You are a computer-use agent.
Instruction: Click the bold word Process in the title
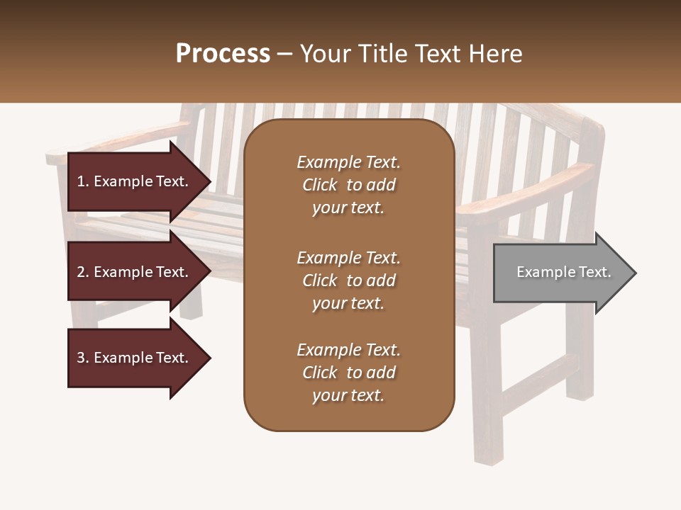[223, 54]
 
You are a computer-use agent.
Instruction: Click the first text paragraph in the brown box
[348, 185]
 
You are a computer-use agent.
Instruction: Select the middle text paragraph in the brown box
[348, 280]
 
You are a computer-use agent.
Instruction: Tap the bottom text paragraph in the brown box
[348, 373]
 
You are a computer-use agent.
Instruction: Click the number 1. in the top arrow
[83, 181]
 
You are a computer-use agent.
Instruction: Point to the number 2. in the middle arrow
[83, 272]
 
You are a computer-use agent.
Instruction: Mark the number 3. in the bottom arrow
[83, 358]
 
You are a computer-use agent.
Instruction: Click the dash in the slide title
[285, 54]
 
